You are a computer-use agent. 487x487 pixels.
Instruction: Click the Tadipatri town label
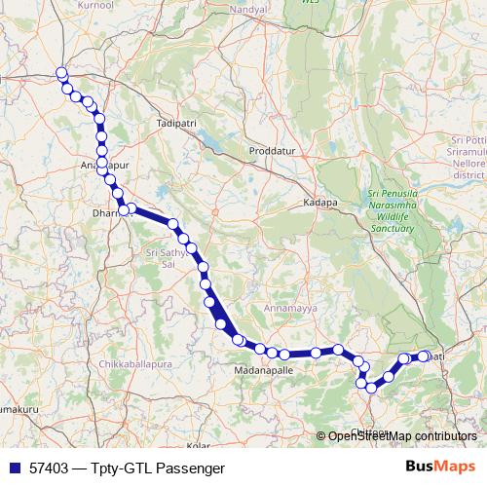click(175, 125)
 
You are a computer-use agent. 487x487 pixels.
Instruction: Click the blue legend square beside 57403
click(14, 468)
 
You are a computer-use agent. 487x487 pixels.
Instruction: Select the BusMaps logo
click(441, 467)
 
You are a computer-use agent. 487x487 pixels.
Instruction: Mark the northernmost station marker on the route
click(61, 73)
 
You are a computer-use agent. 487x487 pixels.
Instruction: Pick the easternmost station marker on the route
click(424, 356)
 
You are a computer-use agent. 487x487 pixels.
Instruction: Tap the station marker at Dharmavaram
click(124, 208)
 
